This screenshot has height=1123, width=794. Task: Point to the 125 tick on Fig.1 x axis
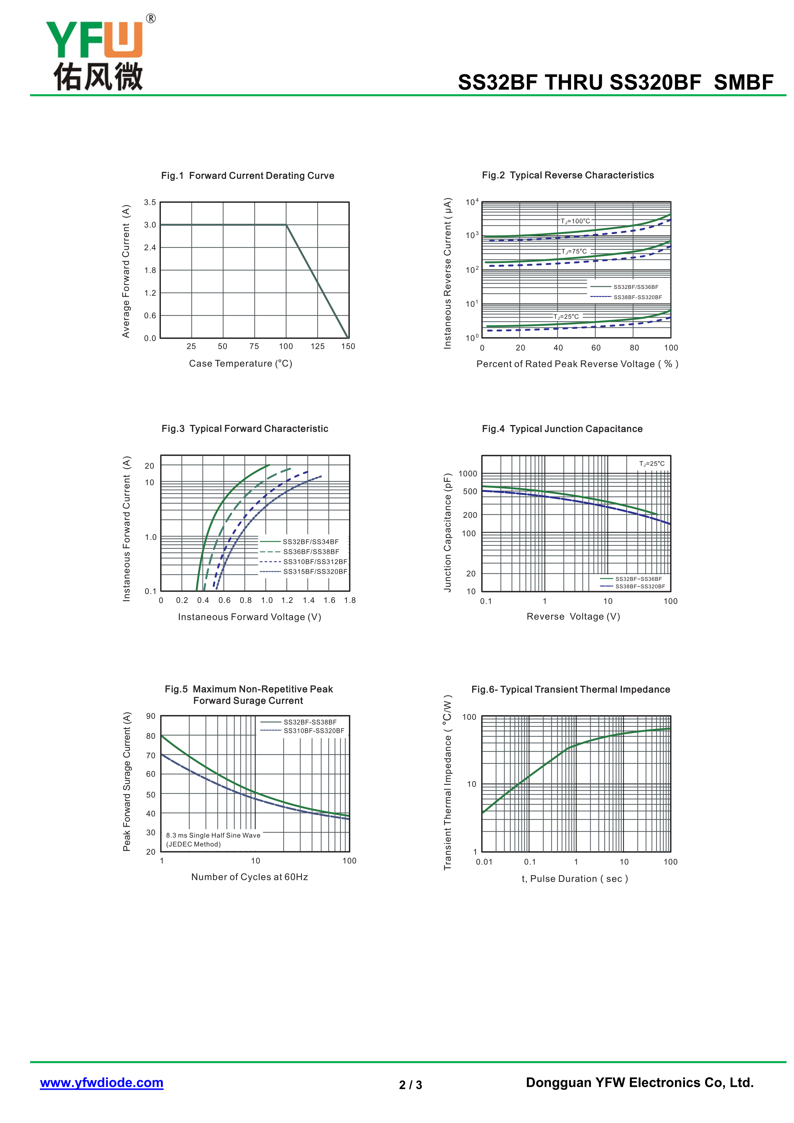[x=317, y=346]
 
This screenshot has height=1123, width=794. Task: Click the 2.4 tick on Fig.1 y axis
[x=150, y=247]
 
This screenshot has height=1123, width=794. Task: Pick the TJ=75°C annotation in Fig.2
[x=574, y=252]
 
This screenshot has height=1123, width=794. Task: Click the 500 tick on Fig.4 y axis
[x=470, y=492]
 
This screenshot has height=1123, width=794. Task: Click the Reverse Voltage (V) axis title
[x=573, y=617]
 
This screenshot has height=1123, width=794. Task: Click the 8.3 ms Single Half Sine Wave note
[x=213, y=835]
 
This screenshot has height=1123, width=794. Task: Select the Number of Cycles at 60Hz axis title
[x=249, y=877]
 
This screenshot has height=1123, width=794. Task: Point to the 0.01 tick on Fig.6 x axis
[x=484, y=862]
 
